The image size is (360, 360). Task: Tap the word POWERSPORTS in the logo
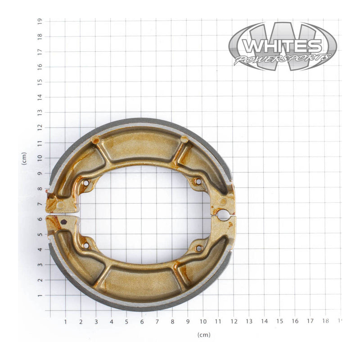[x=283, y=59]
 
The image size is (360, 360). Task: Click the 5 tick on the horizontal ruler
[x=126, y=321]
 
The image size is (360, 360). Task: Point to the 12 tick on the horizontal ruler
[x=234, y=321]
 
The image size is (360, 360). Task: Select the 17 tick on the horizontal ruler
[x=310, y=321]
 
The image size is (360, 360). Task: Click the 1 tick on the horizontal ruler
[x=65, y=321]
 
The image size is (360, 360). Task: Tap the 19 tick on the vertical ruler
[x=40, y=21]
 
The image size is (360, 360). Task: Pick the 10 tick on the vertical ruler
[x=40, y=158]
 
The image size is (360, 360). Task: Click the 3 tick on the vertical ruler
[x=40, y=265]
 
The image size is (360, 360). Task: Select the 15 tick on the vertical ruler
[x=40, y=81]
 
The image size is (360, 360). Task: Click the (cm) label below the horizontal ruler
[x=203, y=335]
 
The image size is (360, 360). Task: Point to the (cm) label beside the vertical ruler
[x=24, y=158]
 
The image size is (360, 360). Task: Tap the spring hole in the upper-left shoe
[x=85, y=183]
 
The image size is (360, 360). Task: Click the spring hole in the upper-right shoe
[x=198, y=181]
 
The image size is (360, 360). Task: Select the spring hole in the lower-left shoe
[x=85, y=246]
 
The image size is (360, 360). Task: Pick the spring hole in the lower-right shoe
[x=198, y=248]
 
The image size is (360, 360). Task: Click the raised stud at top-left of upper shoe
[x=95, y=140]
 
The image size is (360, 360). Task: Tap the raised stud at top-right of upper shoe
[x=184, y=139]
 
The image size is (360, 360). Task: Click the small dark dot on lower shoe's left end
[x=63, y=221]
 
